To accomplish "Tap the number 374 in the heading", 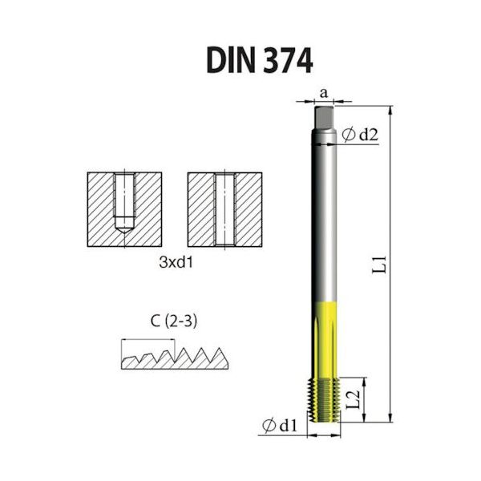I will pos(280,59).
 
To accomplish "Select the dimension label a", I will pos(324,92).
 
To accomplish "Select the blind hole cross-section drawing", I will pos(124,208).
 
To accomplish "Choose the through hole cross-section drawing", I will pos(224,208).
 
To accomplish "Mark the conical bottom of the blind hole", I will pos(124,228).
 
